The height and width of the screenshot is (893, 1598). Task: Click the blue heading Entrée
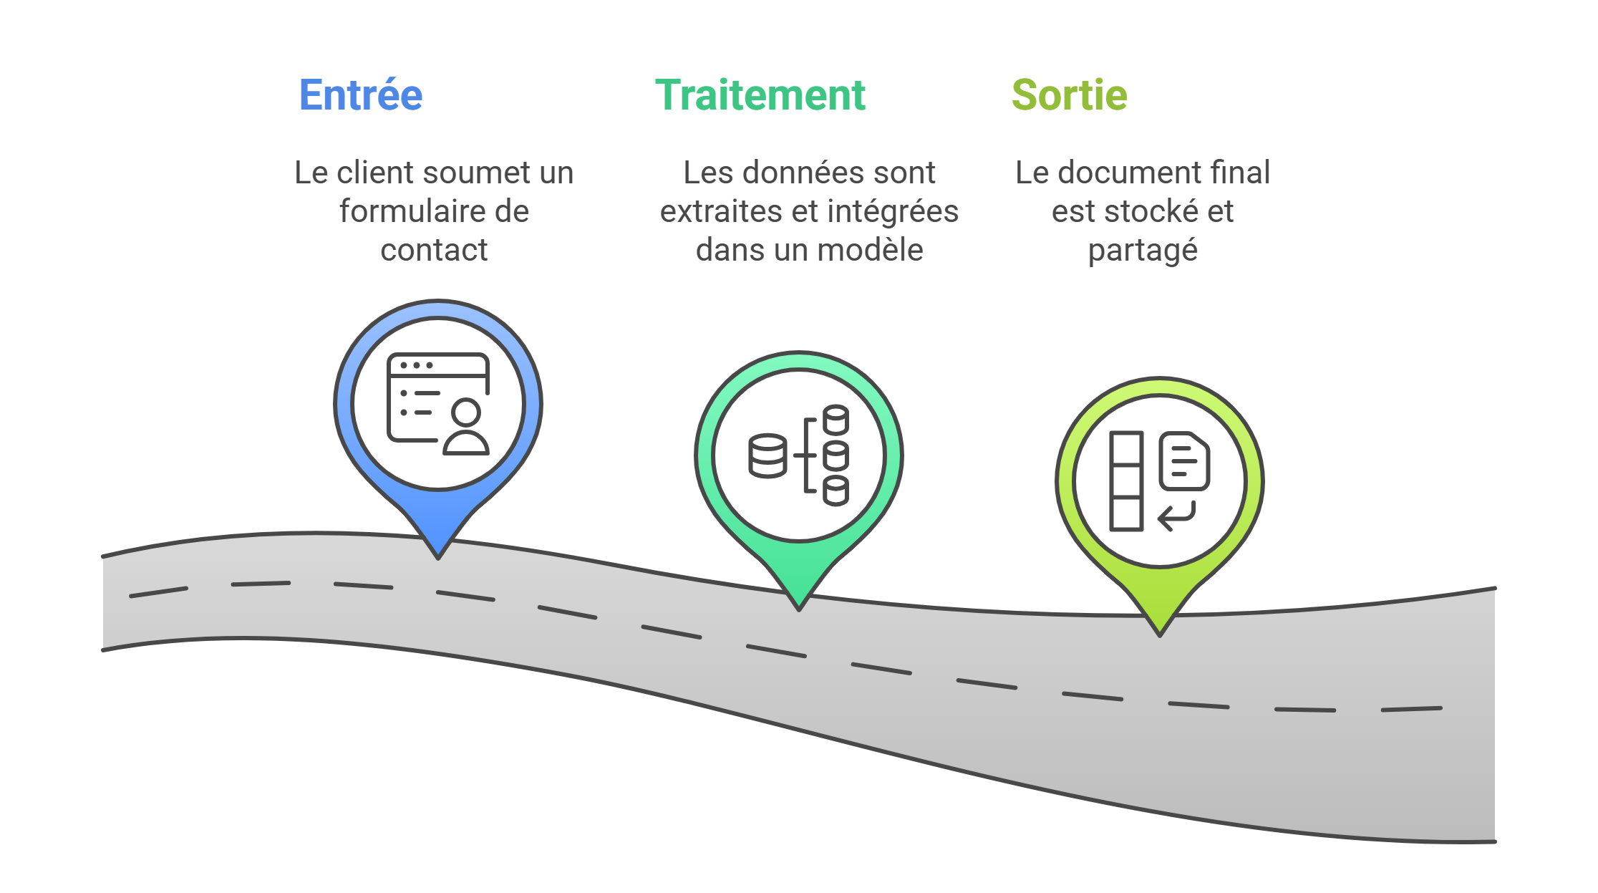pyautogui.click(x=361, y=95)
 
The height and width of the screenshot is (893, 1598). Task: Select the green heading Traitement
pyautogui.click(x=760, y=95)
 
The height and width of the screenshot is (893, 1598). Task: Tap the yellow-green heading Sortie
pyautogui.click(x=1070, y=95)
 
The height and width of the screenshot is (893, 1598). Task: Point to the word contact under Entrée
pyautogui.click(x=434, y=250)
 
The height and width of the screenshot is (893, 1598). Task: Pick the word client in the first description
pyautogui.click(x=375, y=173)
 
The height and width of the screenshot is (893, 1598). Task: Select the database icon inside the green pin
pyautogui.click(x=799, y=455)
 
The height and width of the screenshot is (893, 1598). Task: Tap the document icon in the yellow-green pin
pyautogui.click(x=1184, y=461)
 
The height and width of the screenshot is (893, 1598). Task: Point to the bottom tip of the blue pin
pyautogui.click(x=438, y=556)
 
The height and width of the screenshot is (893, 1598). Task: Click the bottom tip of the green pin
pyautogui.click(x=799, y=608)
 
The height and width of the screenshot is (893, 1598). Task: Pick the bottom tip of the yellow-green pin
pyautogui.click(x=1160, y=634)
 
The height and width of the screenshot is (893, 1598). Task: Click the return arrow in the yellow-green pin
pyautogui.click(x=1177, y=516)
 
